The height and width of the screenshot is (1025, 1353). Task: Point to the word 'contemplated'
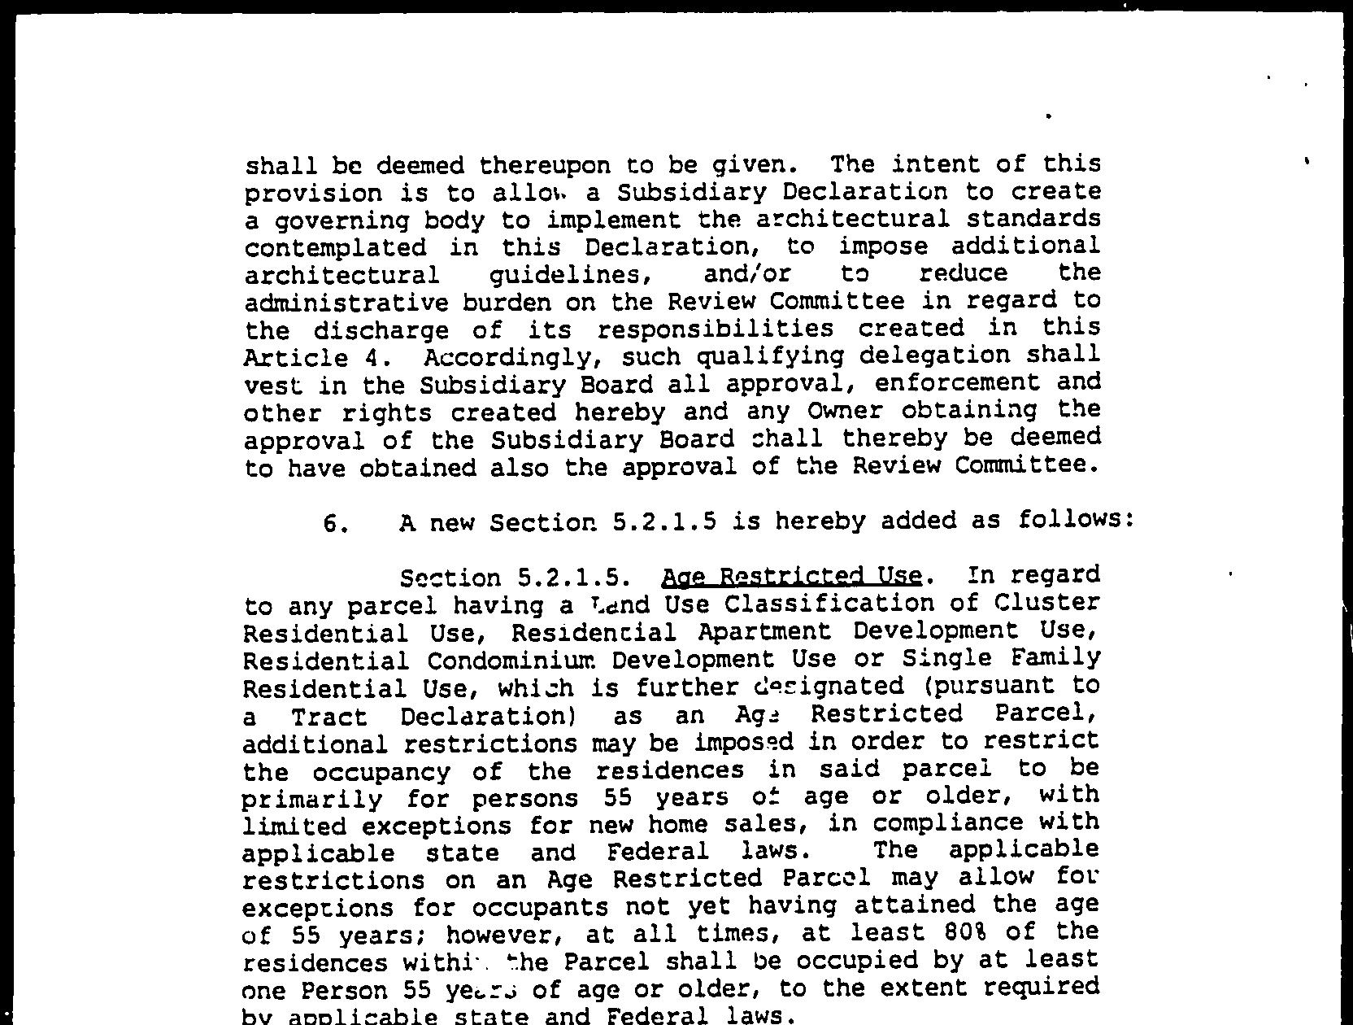tap(335, 248)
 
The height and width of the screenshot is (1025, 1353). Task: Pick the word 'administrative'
tap(346, 303)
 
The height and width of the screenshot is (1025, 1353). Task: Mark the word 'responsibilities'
tap(715, 329)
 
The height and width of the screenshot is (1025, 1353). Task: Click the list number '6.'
tap(336, 523)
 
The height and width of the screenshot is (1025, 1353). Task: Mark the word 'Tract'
tap(329, 717)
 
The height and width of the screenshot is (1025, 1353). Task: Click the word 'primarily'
tap(311, 799)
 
